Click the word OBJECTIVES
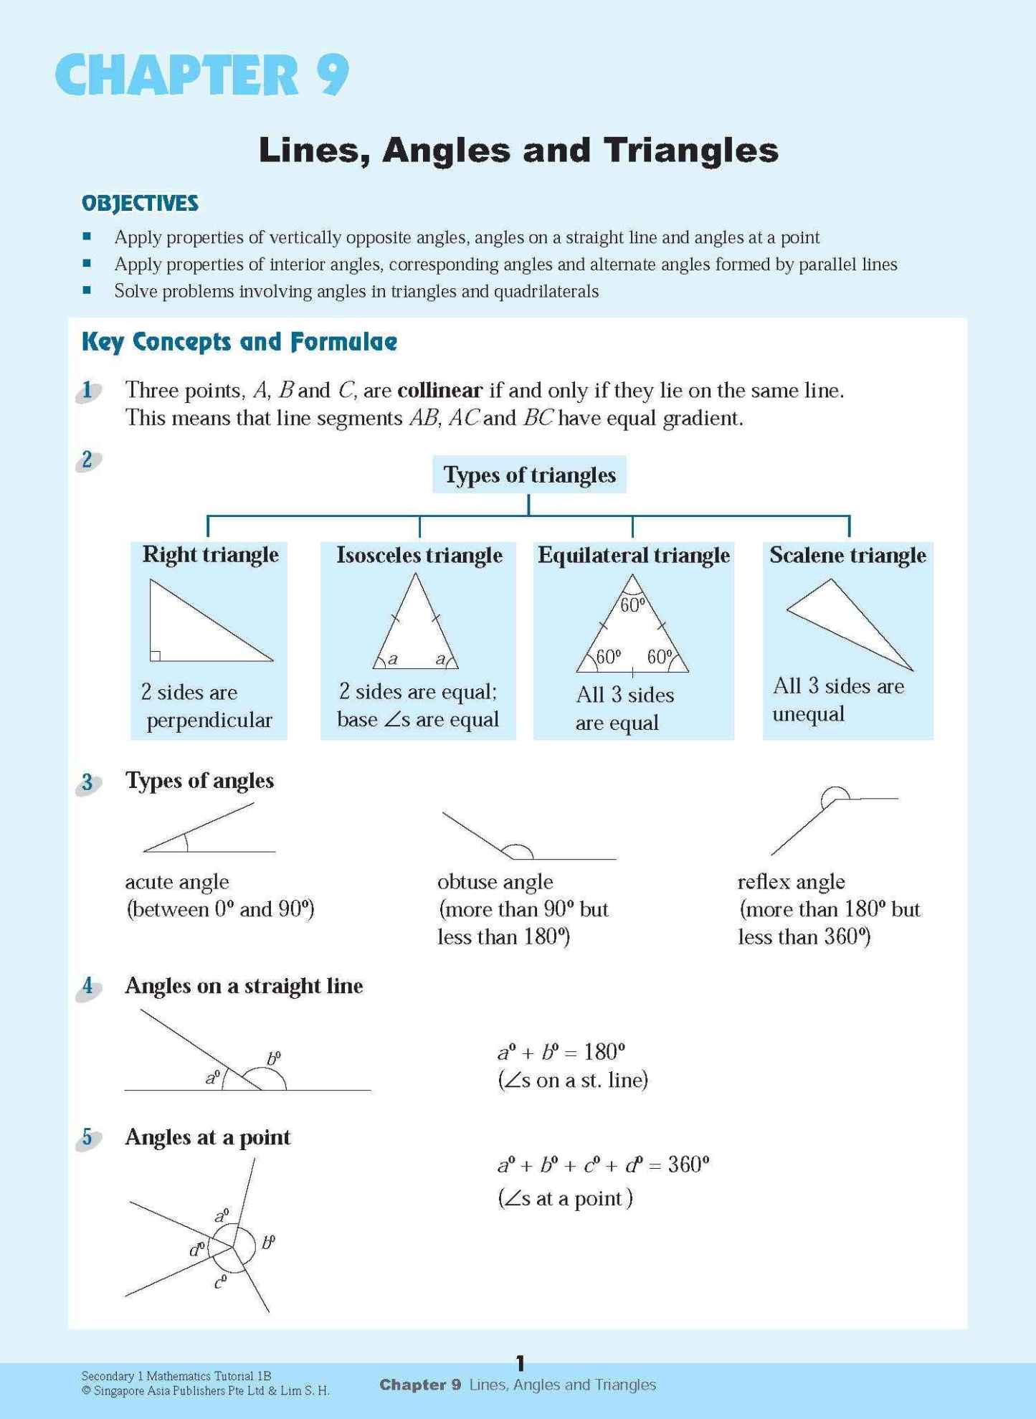click(140, 203)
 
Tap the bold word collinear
click(439, 390)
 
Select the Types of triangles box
click(529, 475)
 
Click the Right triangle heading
click(210, 554)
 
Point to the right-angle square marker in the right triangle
click(155, 655)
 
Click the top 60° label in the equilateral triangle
click(632, 605)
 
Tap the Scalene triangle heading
click(847, 555)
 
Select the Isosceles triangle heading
click(419, 555)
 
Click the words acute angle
click(177, 881)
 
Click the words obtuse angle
click(495, 881)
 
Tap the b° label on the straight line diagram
click(274, 1058)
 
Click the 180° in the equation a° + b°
click(604, 1052)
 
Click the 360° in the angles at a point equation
click(688, 1164)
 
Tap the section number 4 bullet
click(87, 986)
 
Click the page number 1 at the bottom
click(521, 1363)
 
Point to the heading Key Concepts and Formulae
click(239, 341)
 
